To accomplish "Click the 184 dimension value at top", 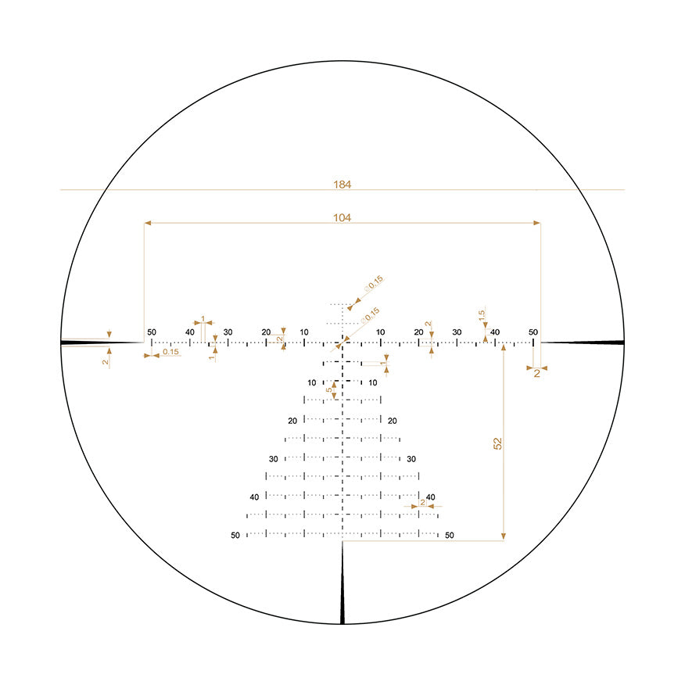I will [x=342, y=185].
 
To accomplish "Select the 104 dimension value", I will [x=342, y=218].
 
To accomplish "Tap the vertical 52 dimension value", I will [x=497, y=443].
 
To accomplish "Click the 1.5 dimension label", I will [x=482, y=314].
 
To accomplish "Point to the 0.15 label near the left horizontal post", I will [x=170, y=352].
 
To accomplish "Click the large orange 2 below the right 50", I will [x=537, y=374].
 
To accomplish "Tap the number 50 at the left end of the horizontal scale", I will [x=151, y=332].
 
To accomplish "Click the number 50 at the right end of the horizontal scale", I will [x=533, y=332].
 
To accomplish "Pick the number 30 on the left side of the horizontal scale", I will [x=228, y=332].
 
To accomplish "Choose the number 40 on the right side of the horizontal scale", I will [x=495, y=332].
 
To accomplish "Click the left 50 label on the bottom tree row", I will [x=235, y=536].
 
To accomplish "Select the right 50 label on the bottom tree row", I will [x=449, y=536].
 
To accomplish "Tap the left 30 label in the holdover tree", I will [x=274, y=459].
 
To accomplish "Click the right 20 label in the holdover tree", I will [x=392, y=421].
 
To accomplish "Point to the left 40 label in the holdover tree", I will [x=254, y=497].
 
